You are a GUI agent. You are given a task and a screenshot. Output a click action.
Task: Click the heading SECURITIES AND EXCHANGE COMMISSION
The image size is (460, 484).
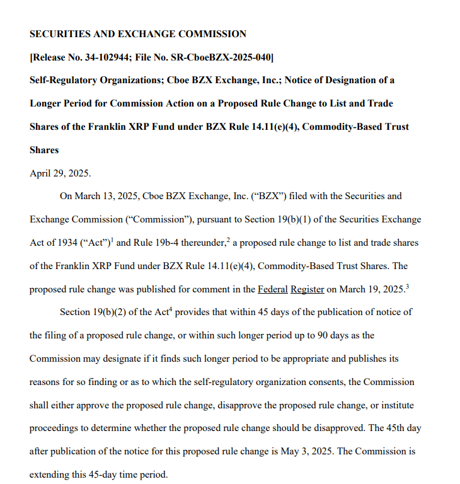pyautogui.click(x=138, y=34)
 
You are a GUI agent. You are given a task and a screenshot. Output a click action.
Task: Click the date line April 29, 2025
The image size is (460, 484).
pyautogui.click(x=60, y=173)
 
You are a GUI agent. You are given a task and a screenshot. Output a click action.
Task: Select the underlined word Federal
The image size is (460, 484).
pyautogui.click(x=273, y=289)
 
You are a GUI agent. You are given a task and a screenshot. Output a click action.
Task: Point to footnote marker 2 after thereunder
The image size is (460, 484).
pyautogui.click(x=229, y=239)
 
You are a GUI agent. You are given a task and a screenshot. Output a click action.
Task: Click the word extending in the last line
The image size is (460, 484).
pyautogui.click(x=51, y=475)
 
